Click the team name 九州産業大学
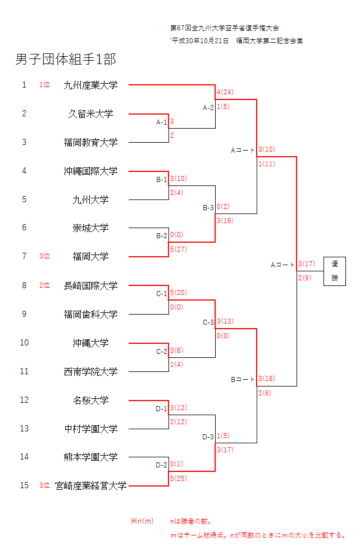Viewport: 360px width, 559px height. pos(90,85)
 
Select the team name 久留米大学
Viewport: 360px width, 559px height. pos(90,114)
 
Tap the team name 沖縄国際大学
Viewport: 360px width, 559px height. pos(90,171)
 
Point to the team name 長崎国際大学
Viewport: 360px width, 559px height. pos(90,286)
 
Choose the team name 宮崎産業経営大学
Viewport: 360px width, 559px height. pos(90,486)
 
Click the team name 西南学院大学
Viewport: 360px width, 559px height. pos(90,372)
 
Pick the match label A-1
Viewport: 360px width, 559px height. pos(161,122)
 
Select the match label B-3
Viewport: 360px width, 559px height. pos(208,208)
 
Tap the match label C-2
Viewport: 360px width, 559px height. pos(161,352)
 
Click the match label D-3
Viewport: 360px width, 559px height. pos(208,437)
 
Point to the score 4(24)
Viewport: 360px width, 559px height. pos(225,92)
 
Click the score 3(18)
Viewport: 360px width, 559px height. pos(267,379)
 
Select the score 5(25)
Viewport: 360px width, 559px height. pos(178,479)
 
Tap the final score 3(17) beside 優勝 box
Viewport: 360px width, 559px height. pos(306,263)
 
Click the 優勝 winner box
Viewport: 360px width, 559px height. pos(335,271)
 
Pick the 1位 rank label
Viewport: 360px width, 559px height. pos(44,85)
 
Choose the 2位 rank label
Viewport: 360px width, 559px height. pos(44,285)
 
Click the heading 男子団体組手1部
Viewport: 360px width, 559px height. pos(66,60)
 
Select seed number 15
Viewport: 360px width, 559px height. pos(24,485)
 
